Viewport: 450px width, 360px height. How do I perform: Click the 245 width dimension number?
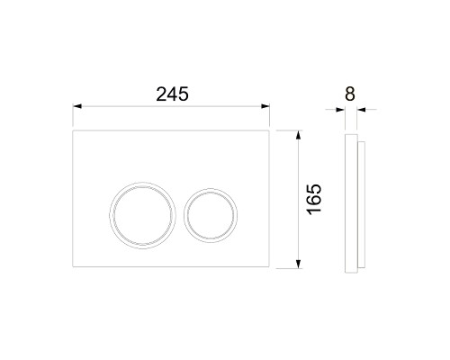172,94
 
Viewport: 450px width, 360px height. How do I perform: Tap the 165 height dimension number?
314,199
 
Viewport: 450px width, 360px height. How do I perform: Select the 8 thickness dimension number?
350,94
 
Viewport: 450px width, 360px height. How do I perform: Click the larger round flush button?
142,215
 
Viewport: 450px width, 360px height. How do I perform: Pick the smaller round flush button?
211,215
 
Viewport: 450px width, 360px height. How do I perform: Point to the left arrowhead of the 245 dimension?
77,106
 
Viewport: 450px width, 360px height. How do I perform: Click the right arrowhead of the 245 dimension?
265,106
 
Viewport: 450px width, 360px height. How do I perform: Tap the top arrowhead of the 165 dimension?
298,135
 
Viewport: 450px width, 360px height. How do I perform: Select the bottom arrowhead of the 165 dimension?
298,264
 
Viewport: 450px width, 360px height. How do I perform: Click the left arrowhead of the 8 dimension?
340,110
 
